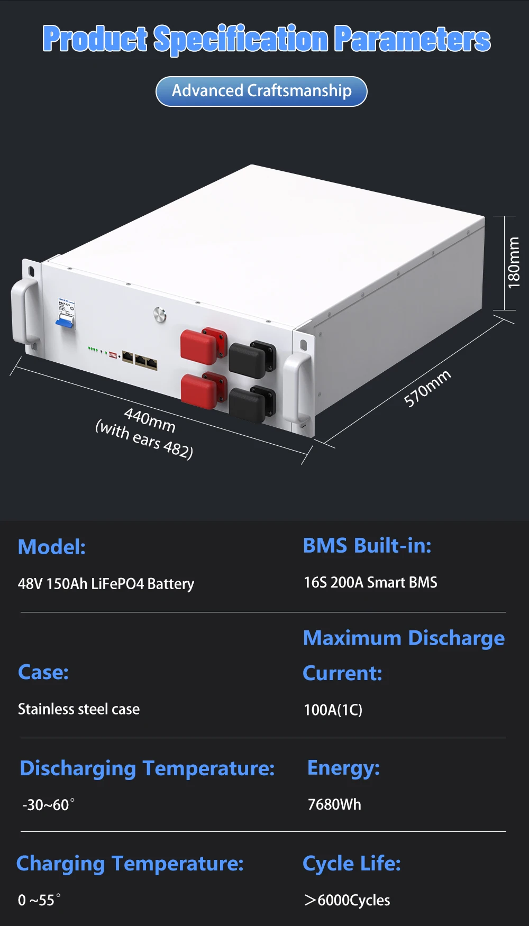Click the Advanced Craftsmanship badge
tap(261, 91)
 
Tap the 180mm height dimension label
tap(514, 262)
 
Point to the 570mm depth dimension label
tap(427, 388)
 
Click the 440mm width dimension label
tap(149, 420)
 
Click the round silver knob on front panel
tap(160, 315)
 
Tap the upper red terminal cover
tap(199, 346)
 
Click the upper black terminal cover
tap(248, 359)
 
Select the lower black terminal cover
tap(248, 404)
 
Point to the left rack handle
tap(24, 312)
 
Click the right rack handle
tap(296, 389)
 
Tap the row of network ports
tap(140, 360)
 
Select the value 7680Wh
tap(334, 804)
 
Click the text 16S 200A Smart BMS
tap(370, 582)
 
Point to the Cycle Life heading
tap(352, 864)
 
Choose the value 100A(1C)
tap(333, 710)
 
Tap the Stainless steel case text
tap(79, 709)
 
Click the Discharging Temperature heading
tap(147, 768)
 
